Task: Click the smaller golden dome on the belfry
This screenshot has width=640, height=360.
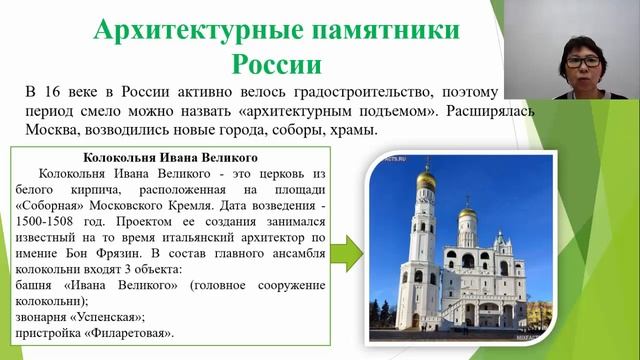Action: point(466,213)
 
